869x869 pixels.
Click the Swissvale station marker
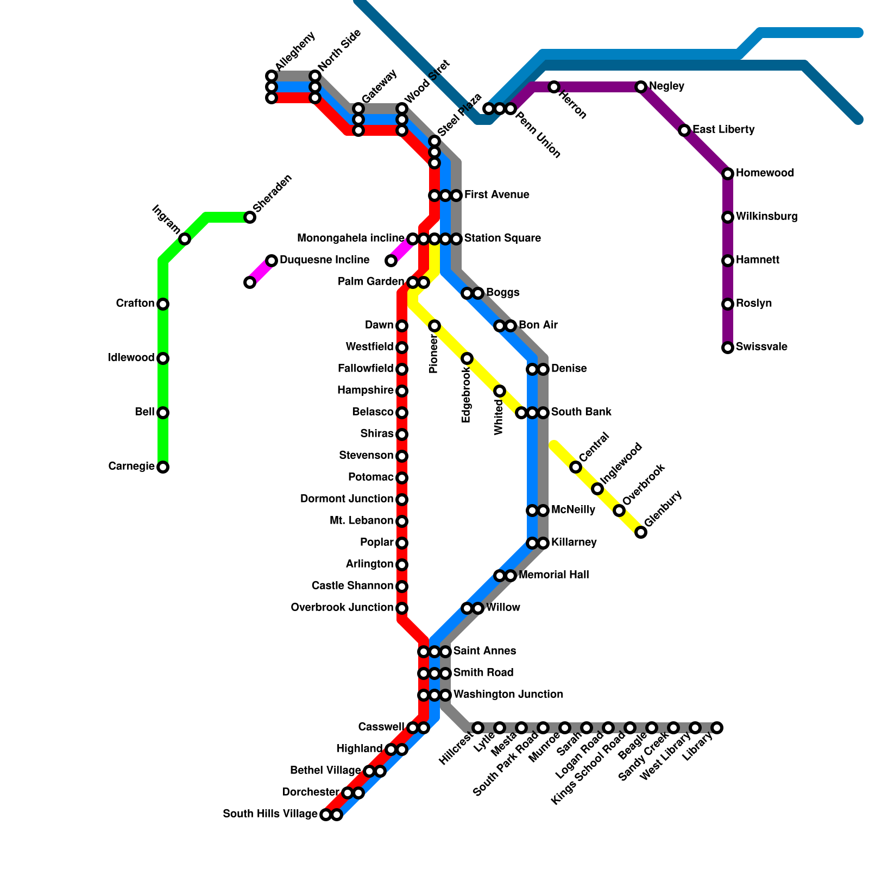(728, 348)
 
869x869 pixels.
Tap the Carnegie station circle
(163, 467)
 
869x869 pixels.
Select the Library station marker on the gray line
(717, 728)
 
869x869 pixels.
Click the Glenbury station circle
(641, 532)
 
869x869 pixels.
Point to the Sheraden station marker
(250, 217)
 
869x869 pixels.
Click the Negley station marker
(641, 87)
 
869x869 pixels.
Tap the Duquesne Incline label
(324, 260)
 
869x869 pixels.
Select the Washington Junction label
(508, 695)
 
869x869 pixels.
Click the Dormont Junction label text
(347, 499)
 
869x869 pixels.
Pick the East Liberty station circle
(684, 130)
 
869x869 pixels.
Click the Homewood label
(765, 173)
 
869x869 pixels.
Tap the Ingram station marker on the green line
(185, 239)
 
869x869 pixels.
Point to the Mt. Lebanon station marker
(402, 521)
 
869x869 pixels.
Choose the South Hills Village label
(270, 814)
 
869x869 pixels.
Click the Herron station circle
(554, 87)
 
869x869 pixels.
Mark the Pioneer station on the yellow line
(434, 326)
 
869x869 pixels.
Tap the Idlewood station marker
(163, 358)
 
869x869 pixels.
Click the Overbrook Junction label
(342, 608)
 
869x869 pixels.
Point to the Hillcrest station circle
(478, 728)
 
